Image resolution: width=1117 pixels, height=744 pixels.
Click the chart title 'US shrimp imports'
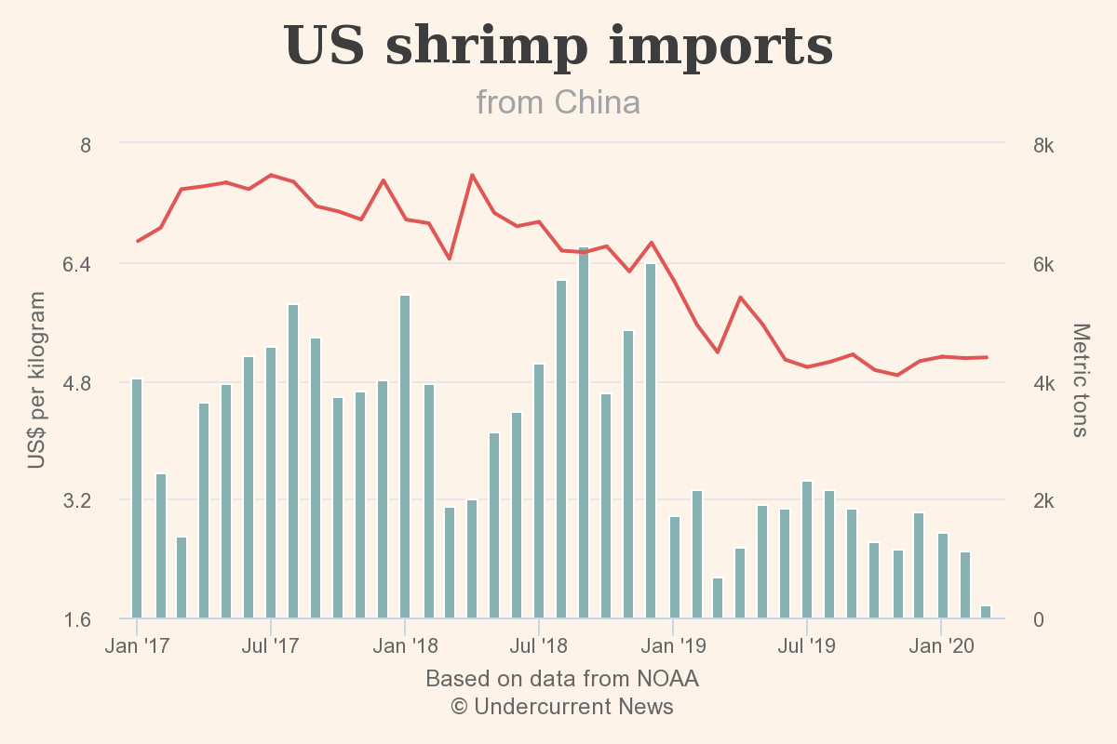pos(558,46)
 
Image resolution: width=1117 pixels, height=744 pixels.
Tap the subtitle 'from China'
pos(558,101)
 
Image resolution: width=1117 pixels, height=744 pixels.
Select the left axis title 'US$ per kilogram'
pos(36,380)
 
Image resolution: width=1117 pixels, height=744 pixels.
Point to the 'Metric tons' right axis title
pos(1080,380)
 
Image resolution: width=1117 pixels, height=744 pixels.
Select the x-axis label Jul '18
pos(539,645)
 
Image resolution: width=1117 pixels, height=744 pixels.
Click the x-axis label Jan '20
pos(940,645)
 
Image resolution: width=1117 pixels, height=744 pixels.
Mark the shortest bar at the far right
pos(986,612)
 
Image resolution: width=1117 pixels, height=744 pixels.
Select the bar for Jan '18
pos(405,456)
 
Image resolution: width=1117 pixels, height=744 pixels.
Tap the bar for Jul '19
pos(807,549)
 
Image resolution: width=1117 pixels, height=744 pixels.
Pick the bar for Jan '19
pos(675,566)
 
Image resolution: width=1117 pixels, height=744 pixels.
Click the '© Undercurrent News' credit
pos(562,707)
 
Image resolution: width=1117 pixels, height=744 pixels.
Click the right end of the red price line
pos(986,357)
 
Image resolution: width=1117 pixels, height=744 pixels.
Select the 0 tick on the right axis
pos(1039,619)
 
